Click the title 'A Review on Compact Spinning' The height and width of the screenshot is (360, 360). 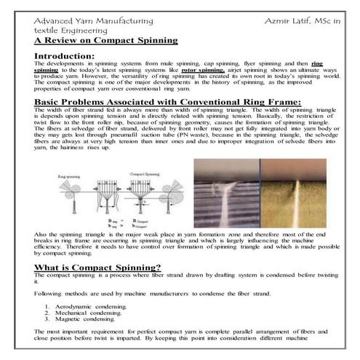tap(105, 41)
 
